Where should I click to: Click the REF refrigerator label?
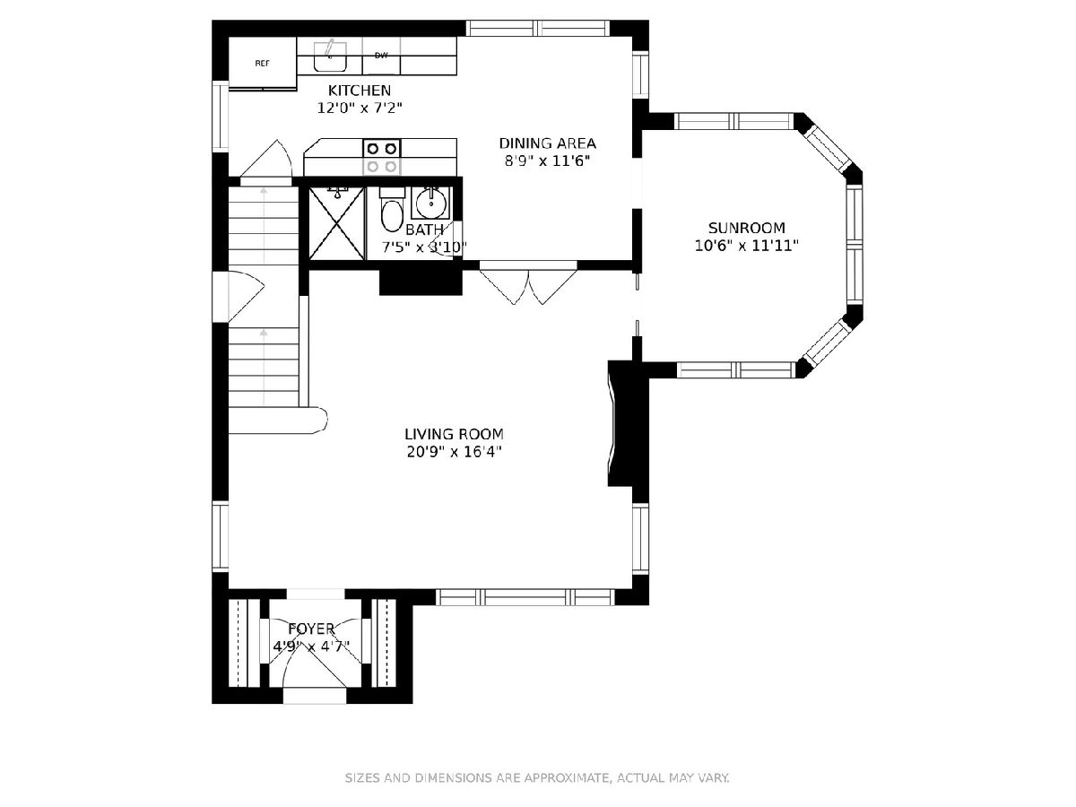262,63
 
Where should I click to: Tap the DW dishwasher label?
381,56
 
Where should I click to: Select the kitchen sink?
330,56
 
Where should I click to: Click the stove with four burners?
382,157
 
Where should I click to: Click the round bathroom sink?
431,203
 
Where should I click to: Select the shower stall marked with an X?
337,223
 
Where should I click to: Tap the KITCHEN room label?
360,91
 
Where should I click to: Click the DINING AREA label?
547,143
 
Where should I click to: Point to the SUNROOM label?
747,228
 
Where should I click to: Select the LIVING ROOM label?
454,434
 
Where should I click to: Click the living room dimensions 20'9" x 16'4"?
454,451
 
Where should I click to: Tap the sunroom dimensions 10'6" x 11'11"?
747,245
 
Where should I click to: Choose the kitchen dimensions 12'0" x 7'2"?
360,108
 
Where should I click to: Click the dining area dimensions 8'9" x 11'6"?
547,161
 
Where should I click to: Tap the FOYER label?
311,629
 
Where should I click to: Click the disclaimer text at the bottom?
537,777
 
